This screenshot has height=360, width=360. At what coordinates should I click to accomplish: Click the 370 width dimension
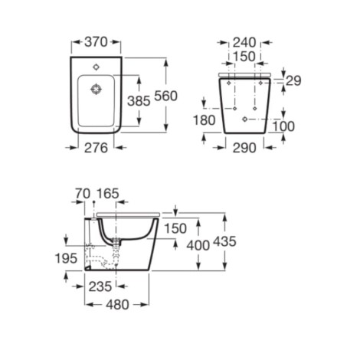(96, 42)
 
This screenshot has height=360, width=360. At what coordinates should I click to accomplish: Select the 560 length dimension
(165, 97)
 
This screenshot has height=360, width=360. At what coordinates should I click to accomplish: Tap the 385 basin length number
(139, 101)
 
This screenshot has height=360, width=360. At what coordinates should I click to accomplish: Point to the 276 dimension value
(96, 148)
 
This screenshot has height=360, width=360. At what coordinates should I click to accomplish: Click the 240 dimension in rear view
(244, 42)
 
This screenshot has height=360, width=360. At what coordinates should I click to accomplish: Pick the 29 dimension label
(293, 81)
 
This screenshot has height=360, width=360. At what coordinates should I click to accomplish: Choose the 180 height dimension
(205, 120)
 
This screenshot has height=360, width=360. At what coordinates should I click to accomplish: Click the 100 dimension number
(283, 126)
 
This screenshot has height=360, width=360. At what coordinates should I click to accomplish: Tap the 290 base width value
(244, 148)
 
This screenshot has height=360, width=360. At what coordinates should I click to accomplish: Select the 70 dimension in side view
(83, 194)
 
